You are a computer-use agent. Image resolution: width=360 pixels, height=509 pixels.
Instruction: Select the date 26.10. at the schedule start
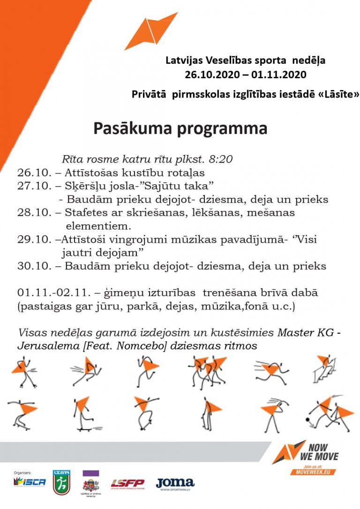[x=32, y=172]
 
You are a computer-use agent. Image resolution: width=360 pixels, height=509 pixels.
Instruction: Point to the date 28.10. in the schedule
[x=32, y=213]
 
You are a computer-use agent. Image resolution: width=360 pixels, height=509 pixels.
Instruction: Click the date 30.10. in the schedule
[x=32, y=266]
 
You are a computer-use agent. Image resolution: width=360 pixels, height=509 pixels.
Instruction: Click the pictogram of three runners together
[x=206, y=370]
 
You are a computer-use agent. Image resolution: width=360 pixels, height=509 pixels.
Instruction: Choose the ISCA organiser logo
[x=30, y=482]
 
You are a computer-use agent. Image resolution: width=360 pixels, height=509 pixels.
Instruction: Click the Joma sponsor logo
[x=175, y=483]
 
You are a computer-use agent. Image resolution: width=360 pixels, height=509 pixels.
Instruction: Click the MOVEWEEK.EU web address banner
[x=313, y=472]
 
